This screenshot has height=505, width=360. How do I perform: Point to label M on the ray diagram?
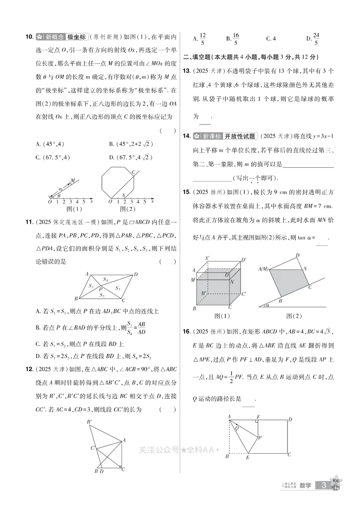[x=72, y=180]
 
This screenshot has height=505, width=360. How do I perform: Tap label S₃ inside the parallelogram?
[x=118, y=288]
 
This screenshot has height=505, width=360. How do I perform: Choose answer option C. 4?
[x=271, y=39]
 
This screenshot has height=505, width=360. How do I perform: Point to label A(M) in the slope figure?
[x=264, y=269]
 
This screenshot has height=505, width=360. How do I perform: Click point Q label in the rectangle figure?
[x=237, y=428]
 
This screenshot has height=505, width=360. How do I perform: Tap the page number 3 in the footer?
[x=324, y=485]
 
